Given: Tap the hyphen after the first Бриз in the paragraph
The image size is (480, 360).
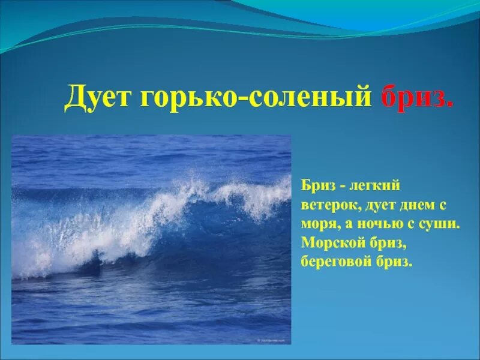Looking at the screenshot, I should [339, 187].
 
